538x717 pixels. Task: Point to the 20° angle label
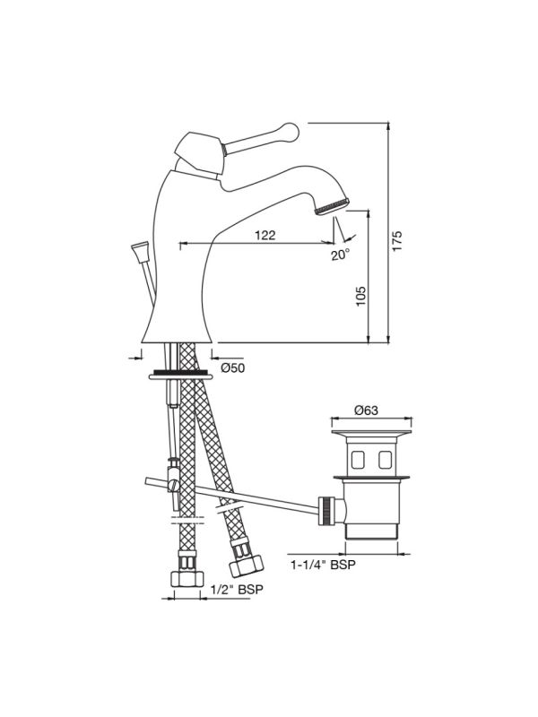[x=340, y=255]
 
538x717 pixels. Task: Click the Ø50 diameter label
[x=232, y=368]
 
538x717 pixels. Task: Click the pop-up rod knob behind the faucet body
[x=139, y=250]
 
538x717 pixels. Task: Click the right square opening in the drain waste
[x=386, y=462]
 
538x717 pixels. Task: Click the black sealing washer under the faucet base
[x=179, y=370]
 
